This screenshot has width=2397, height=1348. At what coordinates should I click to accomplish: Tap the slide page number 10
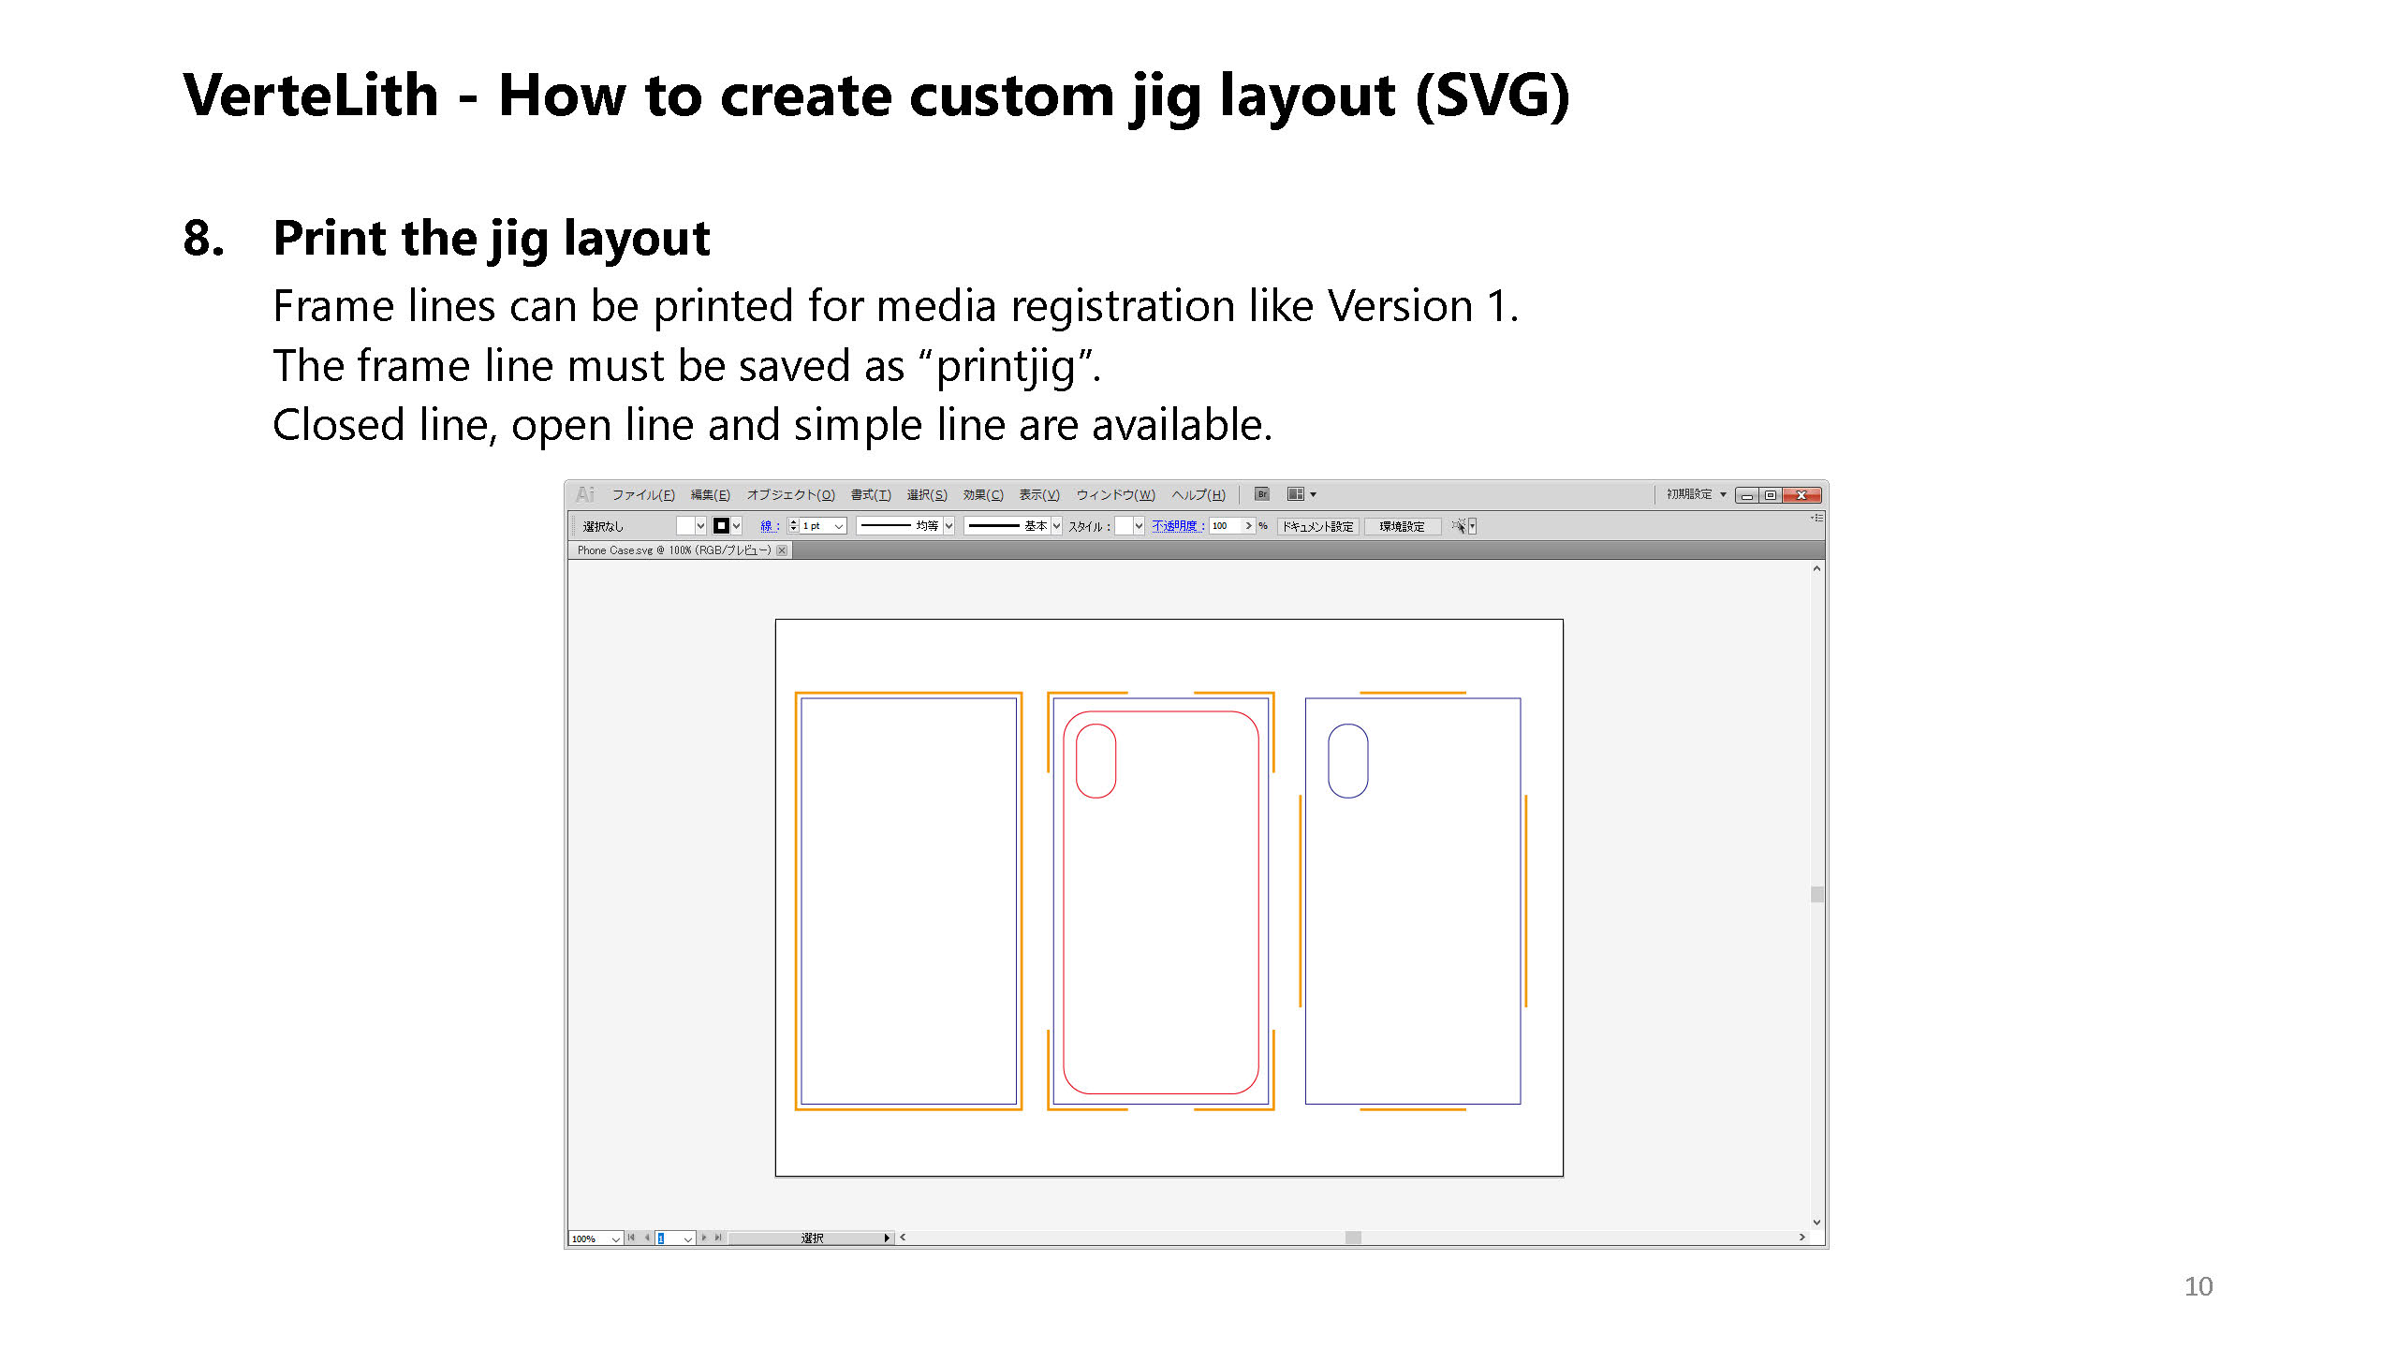(2198, 1286)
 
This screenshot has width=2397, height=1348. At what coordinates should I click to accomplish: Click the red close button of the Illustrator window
(1801, 495)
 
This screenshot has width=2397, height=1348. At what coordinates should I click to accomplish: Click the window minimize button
(1747, 495)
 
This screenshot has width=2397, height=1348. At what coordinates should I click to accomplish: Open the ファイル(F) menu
(642, 495)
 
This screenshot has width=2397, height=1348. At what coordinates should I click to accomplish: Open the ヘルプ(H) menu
(1198, 495)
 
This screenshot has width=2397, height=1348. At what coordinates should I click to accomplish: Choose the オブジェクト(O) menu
(790, 495)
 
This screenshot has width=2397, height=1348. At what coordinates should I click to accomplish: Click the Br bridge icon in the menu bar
(1262, 494)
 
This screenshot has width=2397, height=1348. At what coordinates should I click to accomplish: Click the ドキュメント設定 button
(1317, 526)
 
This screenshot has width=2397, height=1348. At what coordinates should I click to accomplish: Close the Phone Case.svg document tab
(782, 550)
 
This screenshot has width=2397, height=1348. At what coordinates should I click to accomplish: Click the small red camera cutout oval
(1096, 760)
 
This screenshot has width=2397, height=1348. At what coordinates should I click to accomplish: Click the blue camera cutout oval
(1347, 760)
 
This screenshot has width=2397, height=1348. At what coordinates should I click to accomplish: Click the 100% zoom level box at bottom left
(590, 1238)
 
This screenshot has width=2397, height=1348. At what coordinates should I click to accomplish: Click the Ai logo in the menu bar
(586, 494)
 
